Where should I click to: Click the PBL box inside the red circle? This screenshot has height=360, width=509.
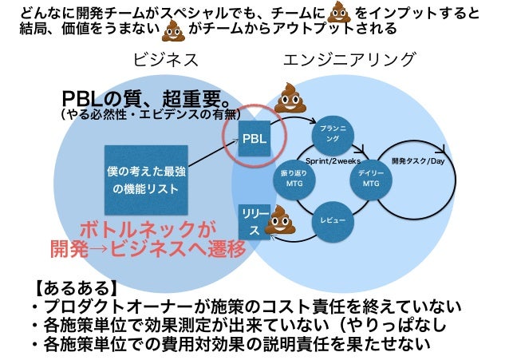tap(255, 137)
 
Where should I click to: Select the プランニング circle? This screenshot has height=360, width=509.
tap(331, 134)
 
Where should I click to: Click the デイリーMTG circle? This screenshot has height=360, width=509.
tap(371, 178)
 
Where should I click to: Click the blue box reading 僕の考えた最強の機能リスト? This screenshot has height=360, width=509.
tap(146, 179)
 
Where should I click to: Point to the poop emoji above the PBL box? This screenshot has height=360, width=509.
tap(290, 98)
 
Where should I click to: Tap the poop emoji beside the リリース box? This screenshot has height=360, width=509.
tap(279, 220)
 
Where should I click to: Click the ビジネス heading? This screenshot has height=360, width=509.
tap(165, 60)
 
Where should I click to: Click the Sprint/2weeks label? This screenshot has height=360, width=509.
tap(333, 161)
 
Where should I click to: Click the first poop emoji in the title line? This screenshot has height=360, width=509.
tap(340, 12)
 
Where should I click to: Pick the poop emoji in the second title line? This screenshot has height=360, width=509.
tap(172, 31)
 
